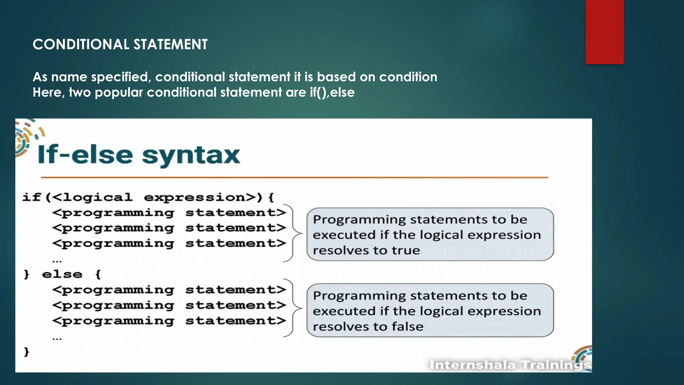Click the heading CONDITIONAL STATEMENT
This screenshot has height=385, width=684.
(120, 44)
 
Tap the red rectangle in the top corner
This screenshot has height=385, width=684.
(605, 32)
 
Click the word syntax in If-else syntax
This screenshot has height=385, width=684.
(191, 156)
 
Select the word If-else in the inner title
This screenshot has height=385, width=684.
(85, 155)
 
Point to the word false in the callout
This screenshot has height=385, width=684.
(407, 327)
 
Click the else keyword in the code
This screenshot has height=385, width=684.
(62, 274)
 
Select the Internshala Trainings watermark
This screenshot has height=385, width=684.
(510, 365)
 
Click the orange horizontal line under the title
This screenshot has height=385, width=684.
(294, 177)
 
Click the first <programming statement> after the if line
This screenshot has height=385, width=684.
(169, 213)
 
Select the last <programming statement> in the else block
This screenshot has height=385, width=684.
(169, 321)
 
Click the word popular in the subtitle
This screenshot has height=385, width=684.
(119, 92)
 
